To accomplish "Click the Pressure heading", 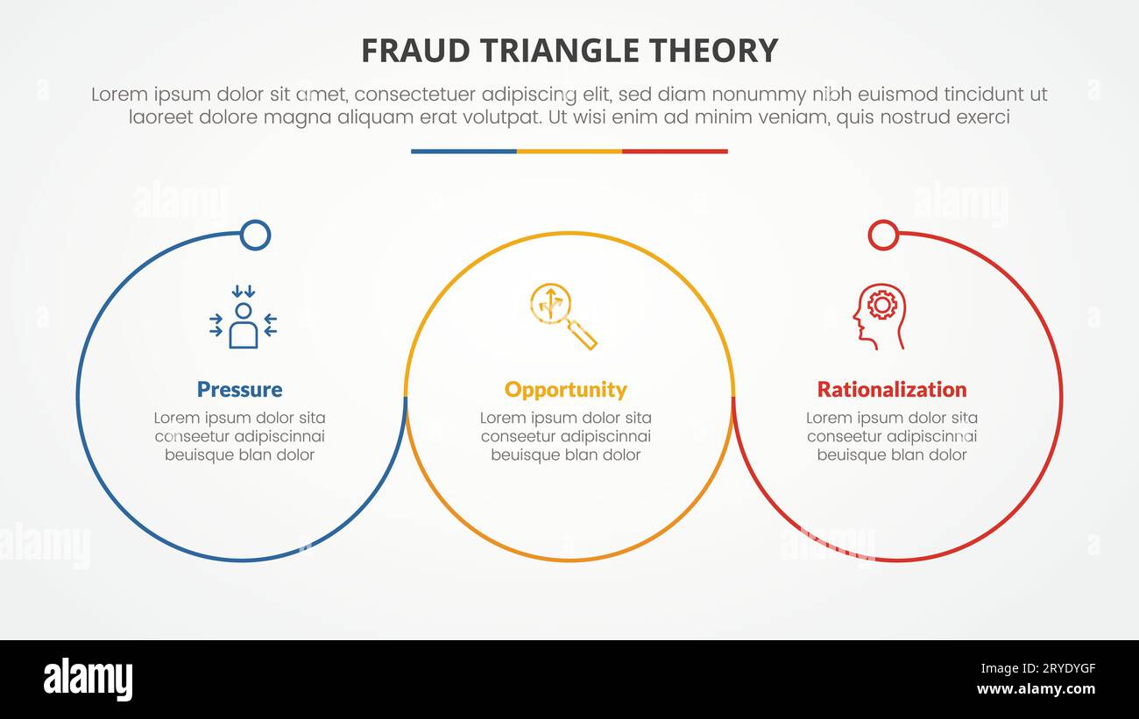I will pyautogui.click(x=239, y=390).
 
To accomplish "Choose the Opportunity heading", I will pyautogui.click(x=566, y=390).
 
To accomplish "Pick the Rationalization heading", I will pyautogui.click(x=892, y=390).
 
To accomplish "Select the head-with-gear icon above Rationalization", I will pyautogui.click(x=878, y=316).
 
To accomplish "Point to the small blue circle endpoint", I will pyautogui.click(x=255, y=235).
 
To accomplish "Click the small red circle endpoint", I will pyautogui.click(x=882, y=235).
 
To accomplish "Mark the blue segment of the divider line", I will pyautogui.click(x=463, y=152).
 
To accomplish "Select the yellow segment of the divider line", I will pyautogui.click(x=569, y=152).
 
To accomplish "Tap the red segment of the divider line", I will pyautogui.click(x=675, y=152).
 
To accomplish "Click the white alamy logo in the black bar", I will pyautogui.click(x=88, y=680).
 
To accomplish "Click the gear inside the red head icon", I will pyautogui.click(x=881, y=304).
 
